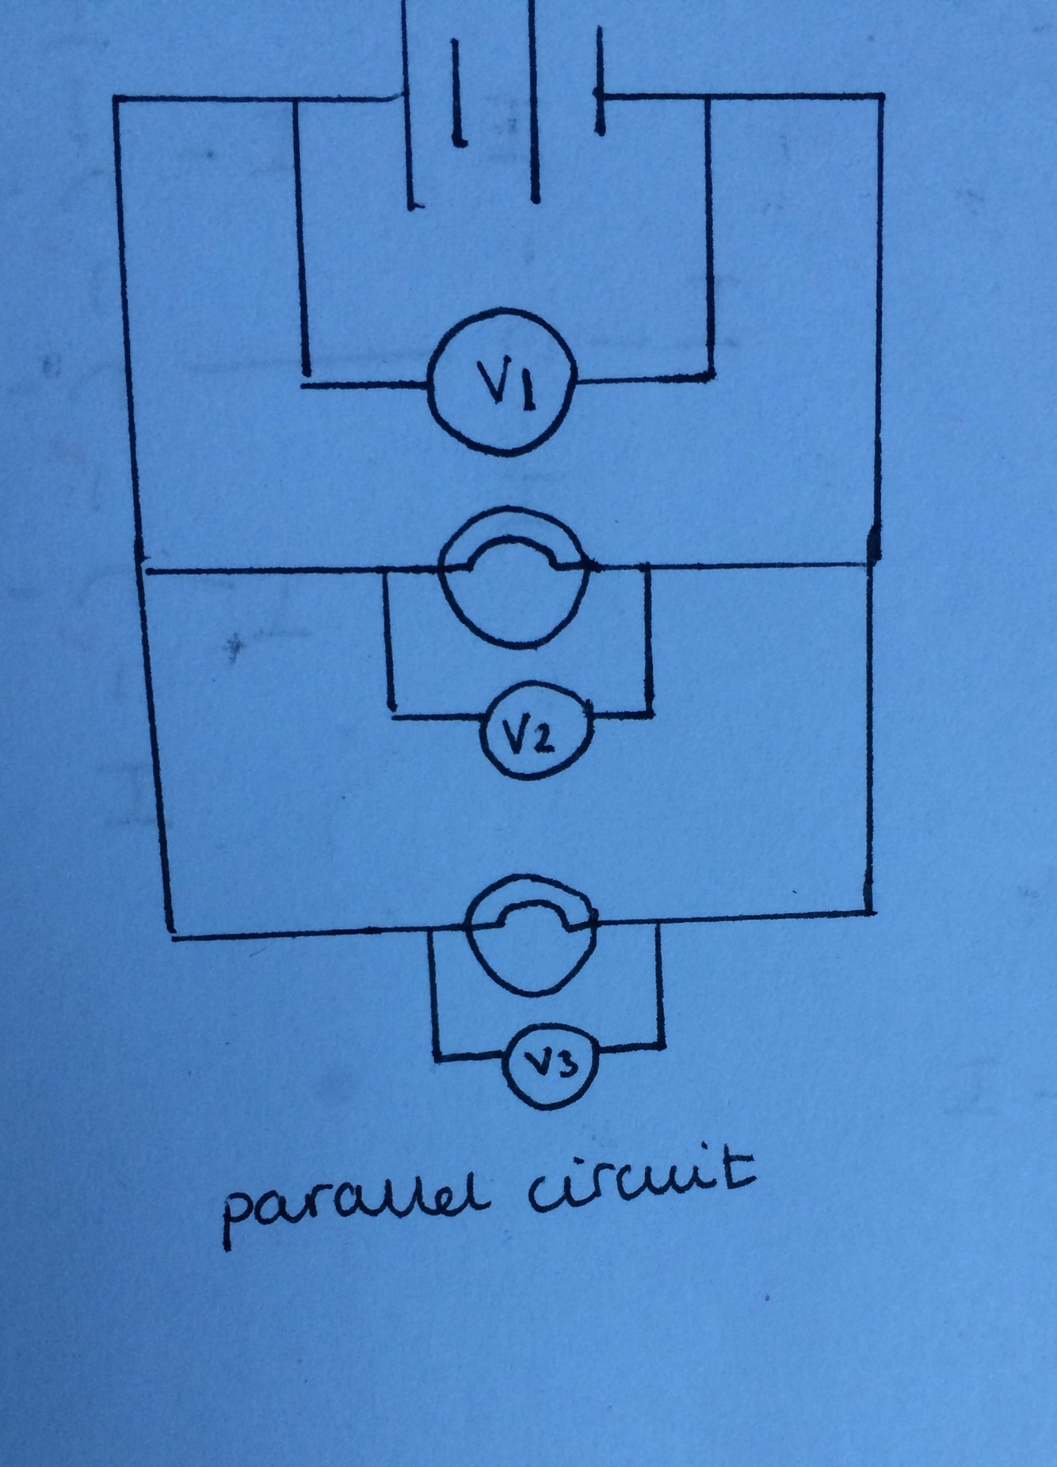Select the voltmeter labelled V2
(x=538, y=728)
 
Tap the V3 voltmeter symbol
(x=553, y=1066)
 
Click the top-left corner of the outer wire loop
(x=116, y=99)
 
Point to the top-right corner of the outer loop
(x=880, y=97)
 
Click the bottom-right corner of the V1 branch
(x=712, y=377)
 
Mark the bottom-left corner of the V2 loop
(x=391, y=717)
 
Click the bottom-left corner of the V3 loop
(x=434, y=1055)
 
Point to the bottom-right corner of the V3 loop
(x=661, y=1045)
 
